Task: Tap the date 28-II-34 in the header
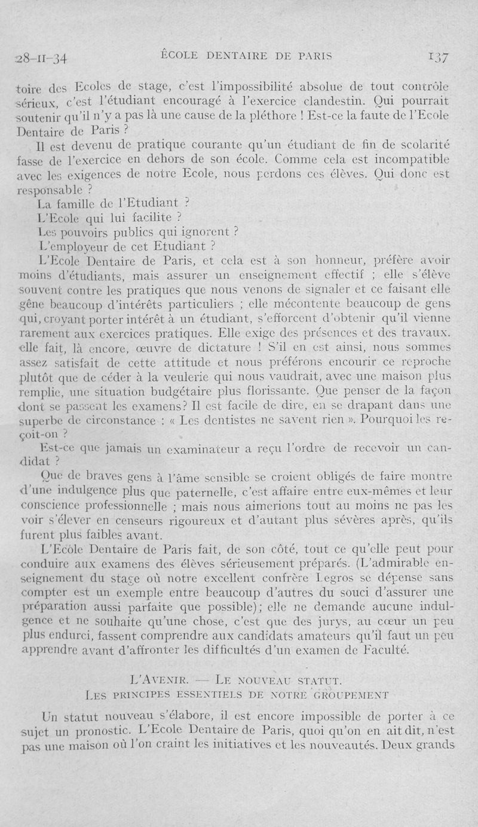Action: pos(42,59)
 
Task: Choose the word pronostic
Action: pos(98,729)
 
